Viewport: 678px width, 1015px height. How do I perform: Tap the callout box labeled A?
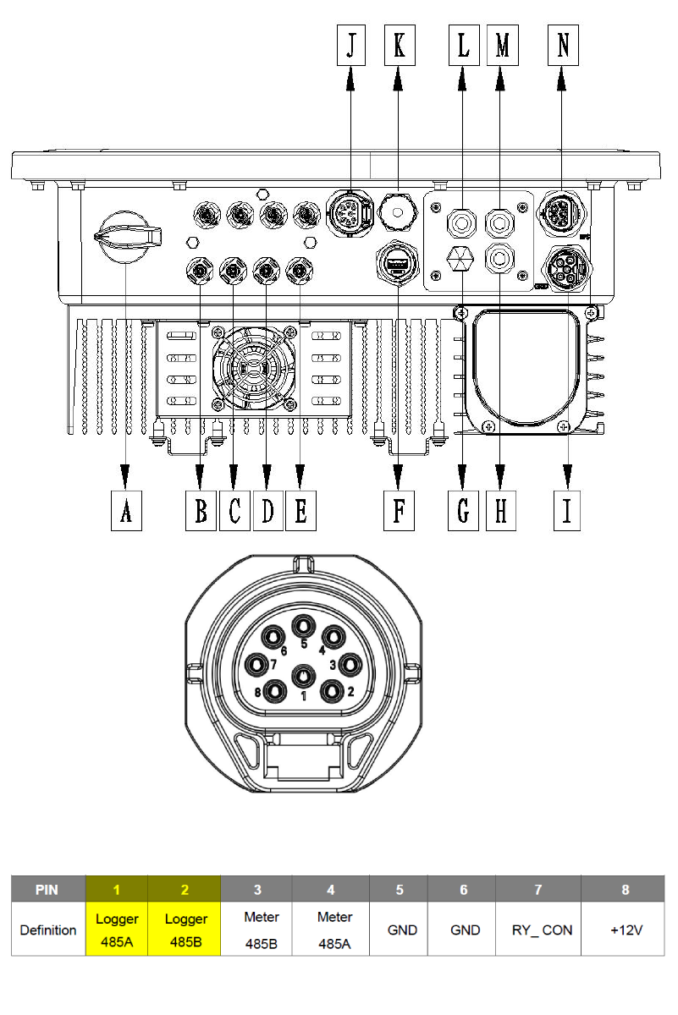(126, 511)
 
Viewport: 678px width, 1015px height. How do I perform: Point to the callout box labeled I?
(566, 511)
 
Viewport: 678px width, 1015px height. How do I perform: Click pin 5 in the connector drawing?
(303, 627)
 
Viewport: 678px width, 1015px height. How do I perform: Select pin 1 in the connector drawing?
(303, 676)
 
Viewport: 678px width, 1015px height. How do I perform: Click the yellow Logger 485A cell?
(117, 929)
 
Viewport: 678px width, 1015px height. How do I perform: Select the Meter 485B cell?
(256, 929)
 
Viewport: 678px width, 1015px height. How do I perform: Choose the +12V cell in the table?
(626, 929)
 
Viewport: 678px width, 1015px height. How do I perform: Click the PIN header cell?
(48, 889)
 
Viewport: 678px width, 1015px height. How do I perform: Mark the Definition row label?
(48, 929)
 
